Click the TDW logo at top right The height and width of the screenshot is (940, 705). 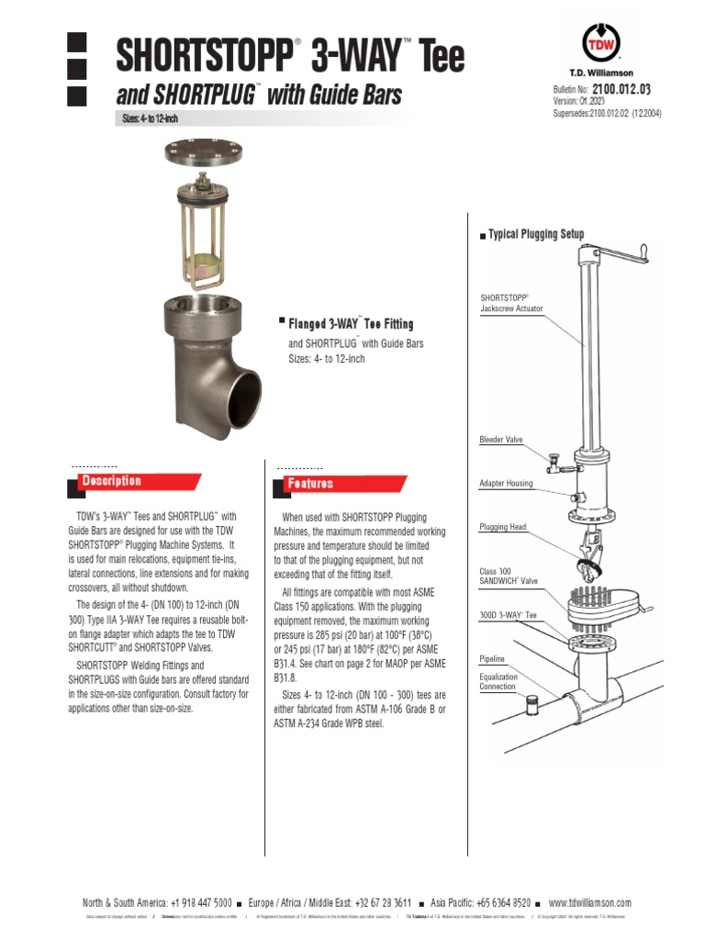coord(602,43)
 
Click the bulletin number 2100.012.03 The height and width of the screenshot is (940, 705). coord(621,89)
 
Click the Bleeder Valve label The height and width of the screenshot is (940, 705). coord(501,440)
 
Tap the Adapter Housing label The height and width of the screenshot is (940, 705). coord(506,483)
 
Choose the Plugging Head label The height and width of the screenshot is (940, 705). coord(503,527)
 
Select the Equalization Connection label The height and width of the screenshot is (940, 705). coord(498,682)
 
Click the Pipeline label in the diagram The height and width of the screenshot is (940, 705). coord(493,659)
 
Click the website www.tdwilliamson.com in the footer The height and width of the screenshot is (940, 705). coord(589,902)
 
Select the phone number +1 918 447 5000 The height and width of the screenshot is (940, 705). coord(201,902)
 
